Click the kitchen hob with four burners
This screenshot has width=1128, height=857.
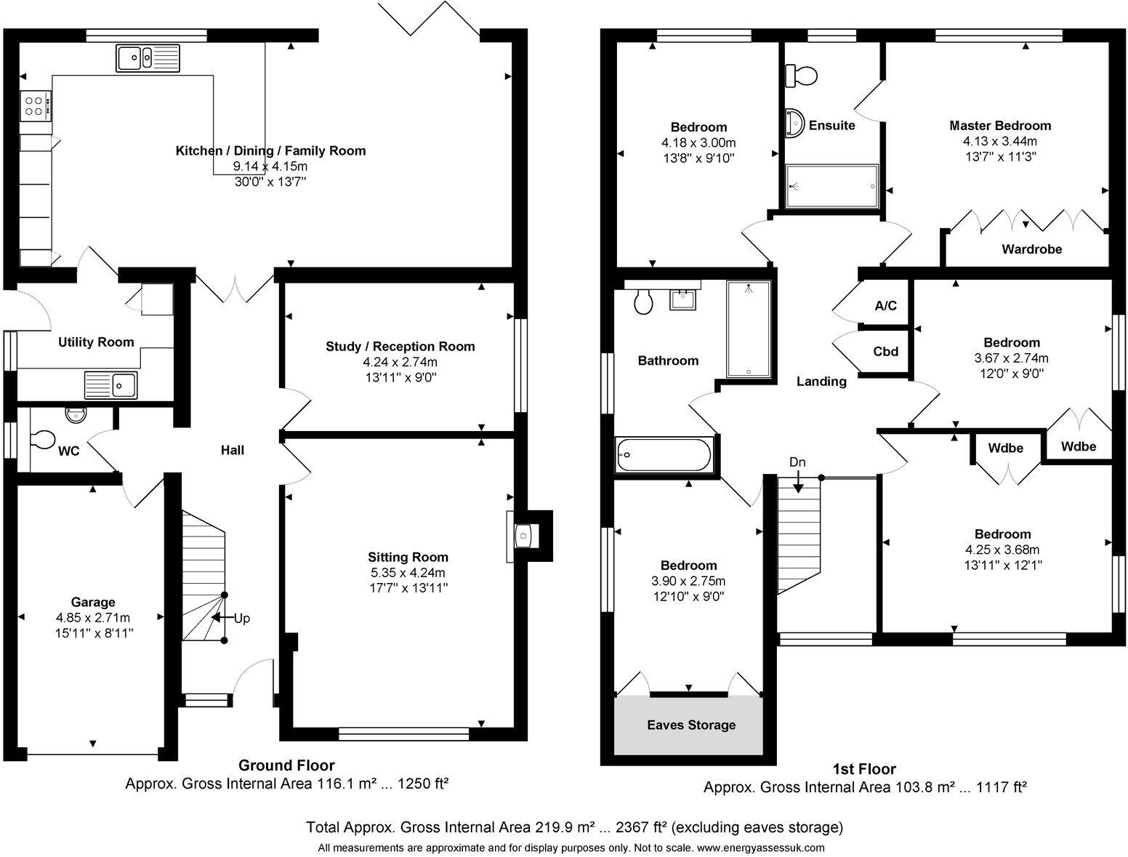click(x=36, y=106)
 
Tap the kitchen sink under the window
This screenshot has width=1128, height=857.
click(x=148, y=57)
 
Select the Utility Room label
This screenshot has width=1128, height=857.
click(x=96, y=342)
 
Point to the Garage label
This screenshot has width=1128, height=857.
click(x=93, y=602)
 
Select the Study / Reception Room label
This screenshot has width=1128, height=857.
click(x=400, y=346)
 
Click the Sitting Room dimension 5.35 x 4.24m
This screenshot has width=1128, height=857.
click(x=408, y=572)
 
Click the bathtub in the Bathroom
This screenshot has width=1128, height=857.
click(x=664, y=455)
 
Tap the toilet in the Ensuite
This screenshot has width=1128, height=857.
click(x=801, y=76)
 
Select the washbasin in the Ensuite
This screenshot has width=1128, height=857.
click(x=794, y=123)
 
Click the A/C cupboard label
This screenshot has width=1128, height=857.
click(x=885, y=306)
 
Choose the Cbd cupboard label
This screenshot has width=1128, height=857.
click(x=885, y=351)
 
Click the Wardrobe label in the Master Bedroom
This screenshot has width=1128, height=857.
click(x=1032, y=249)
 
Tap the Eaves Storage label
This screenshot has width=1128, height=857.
click(x=691, y=725)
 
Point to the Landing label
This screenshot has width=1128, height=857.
click(x=821, y=381)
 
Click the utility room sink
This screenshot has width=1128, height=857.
click(x=111, y=385)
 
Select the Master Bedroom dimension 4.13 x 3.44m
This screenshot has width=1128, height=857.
click(x=1000, y=141)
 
